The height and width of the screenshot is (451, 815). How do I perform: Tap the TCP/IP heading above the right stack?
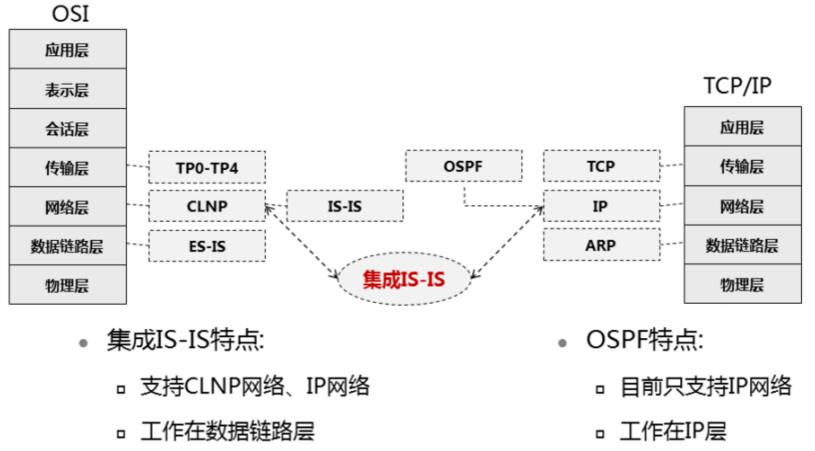pyautogui.click(x=738, y=87)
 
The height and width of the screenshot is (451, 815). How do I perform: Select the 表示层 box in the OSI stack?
pyautogui.click(x=67, y=89)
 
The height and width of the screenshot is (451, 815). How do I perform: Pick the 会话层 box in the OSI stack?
pyautogui.click(x=67, y=128)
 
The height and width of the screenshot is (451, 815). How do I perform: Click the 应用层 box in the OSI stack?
pyautogui.click(x=67, y=49)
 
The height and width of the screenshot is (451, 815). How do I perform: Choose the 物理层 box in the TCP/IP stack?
pyautogui.click(x=742, y=284)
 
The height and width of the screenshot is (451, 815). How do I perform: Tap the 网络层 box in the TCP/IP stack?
pyautogui.click(x=742, y=206)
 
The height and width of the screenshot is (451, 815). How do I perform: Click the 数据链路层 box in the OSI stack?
pyautogui.click(x=67, y=245)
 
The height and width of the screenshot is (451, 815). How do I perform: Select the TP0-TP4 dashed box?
pyautogui.click(x=207, y=167)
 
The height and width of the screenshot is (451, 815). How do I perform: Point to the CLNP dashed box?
pyautogui.click(x=207, y=206)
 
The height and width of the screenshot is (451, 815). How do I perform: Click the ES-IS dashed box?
pyautogui.click(x=207, y=245)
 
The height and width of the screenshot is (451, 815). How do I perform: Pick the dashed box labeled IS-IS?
pyautogui.click(x=345, y=206)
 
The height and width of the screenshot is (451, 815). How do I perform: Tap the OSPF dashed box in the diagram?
pyautogui.click(x=462, y=166)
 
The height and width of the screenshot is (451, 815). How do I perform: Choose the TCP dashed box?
pyautogui.click(x=601, y=167)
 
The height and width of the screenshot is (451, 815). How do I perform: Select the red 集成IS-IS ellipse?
pyautogui.click(x=404, y=280)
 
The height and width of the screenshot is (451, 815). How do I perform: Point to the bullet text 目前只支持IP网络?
pyautogui.click(x=705, y=386)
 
